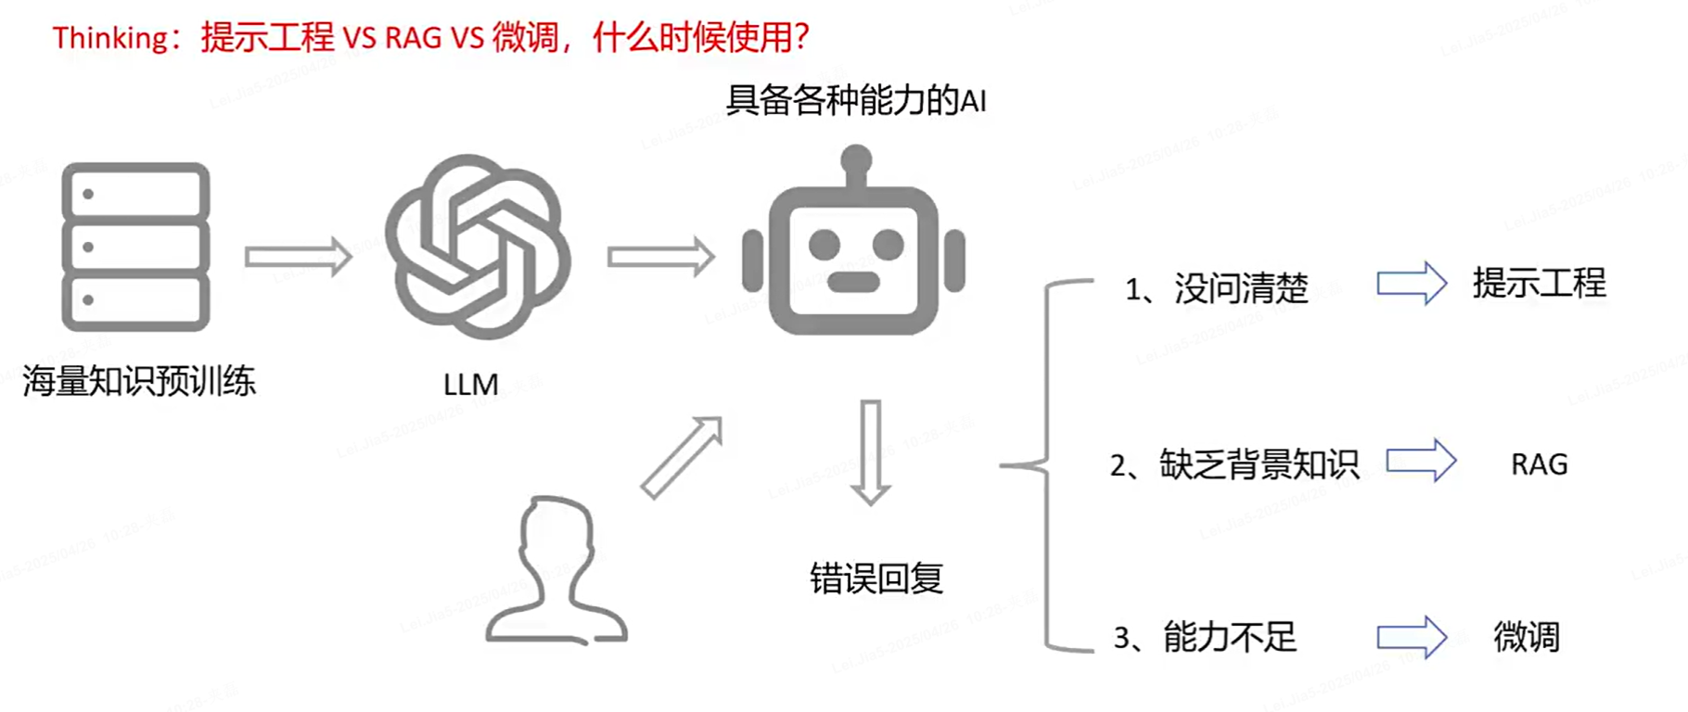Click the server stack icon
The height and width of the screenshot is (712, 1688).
[x=135, y=247]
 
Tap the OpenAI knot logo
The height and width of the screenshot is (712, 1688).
[x=478, y=247]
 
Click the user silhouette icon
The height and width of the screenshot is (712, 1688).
[x=556, y=571]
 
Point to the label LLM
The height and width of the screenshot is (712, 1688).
[x=470, y=384]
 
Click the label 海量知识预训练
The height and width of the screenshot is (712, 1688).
[x=139, y=381]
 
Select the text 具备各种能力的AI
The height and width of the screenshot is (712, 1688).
[x=855, y=100]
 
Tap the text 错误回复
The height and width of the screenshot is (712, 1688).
[x=876, y=578]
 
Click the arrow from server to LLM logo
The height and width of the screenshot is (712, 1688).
[x=298, y=256]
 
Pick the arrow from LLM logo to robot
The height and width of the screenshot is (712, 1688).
[x=660, y=256]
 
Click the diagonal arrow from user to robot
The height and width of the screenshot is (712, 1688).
[x=682, y=457]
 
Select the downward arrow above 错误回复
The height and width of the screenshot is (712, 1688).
[x=870, y=452]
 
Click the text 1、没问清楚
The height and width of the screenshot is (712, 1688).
[x=1216, y=288]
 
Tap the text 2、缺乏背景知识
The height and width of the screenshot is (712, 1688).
[x=1234, y=464]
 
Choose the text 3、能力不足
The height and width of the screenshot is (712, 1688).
[x=1205, y=637]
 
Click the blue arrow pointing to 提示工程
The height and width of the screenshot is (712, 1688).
[x=1412, y=284]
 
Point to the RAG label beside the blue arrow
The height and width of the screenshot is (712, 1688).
[x=1539, y=464]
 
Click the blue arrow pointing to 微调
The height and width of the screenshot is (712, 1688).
[x=1412, y=637]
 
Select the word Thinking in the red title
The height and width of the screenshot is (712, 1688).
[x=109, y=38]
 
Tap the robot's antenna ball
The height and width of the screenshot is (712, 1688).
[x=855, y=159]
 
